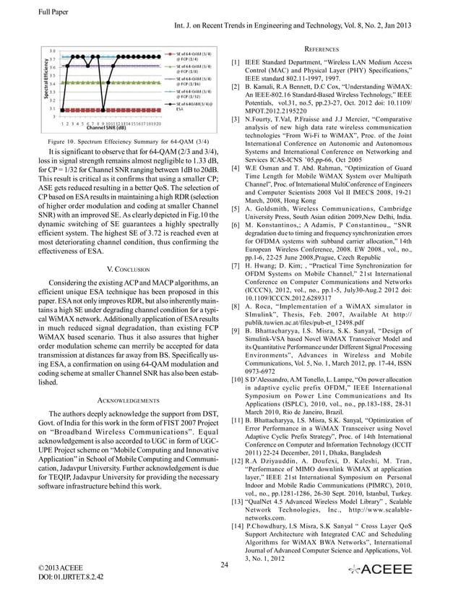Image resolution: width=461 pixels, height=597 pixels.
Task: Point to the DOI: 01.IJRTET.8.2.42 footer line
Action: (x=69, y=577)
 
